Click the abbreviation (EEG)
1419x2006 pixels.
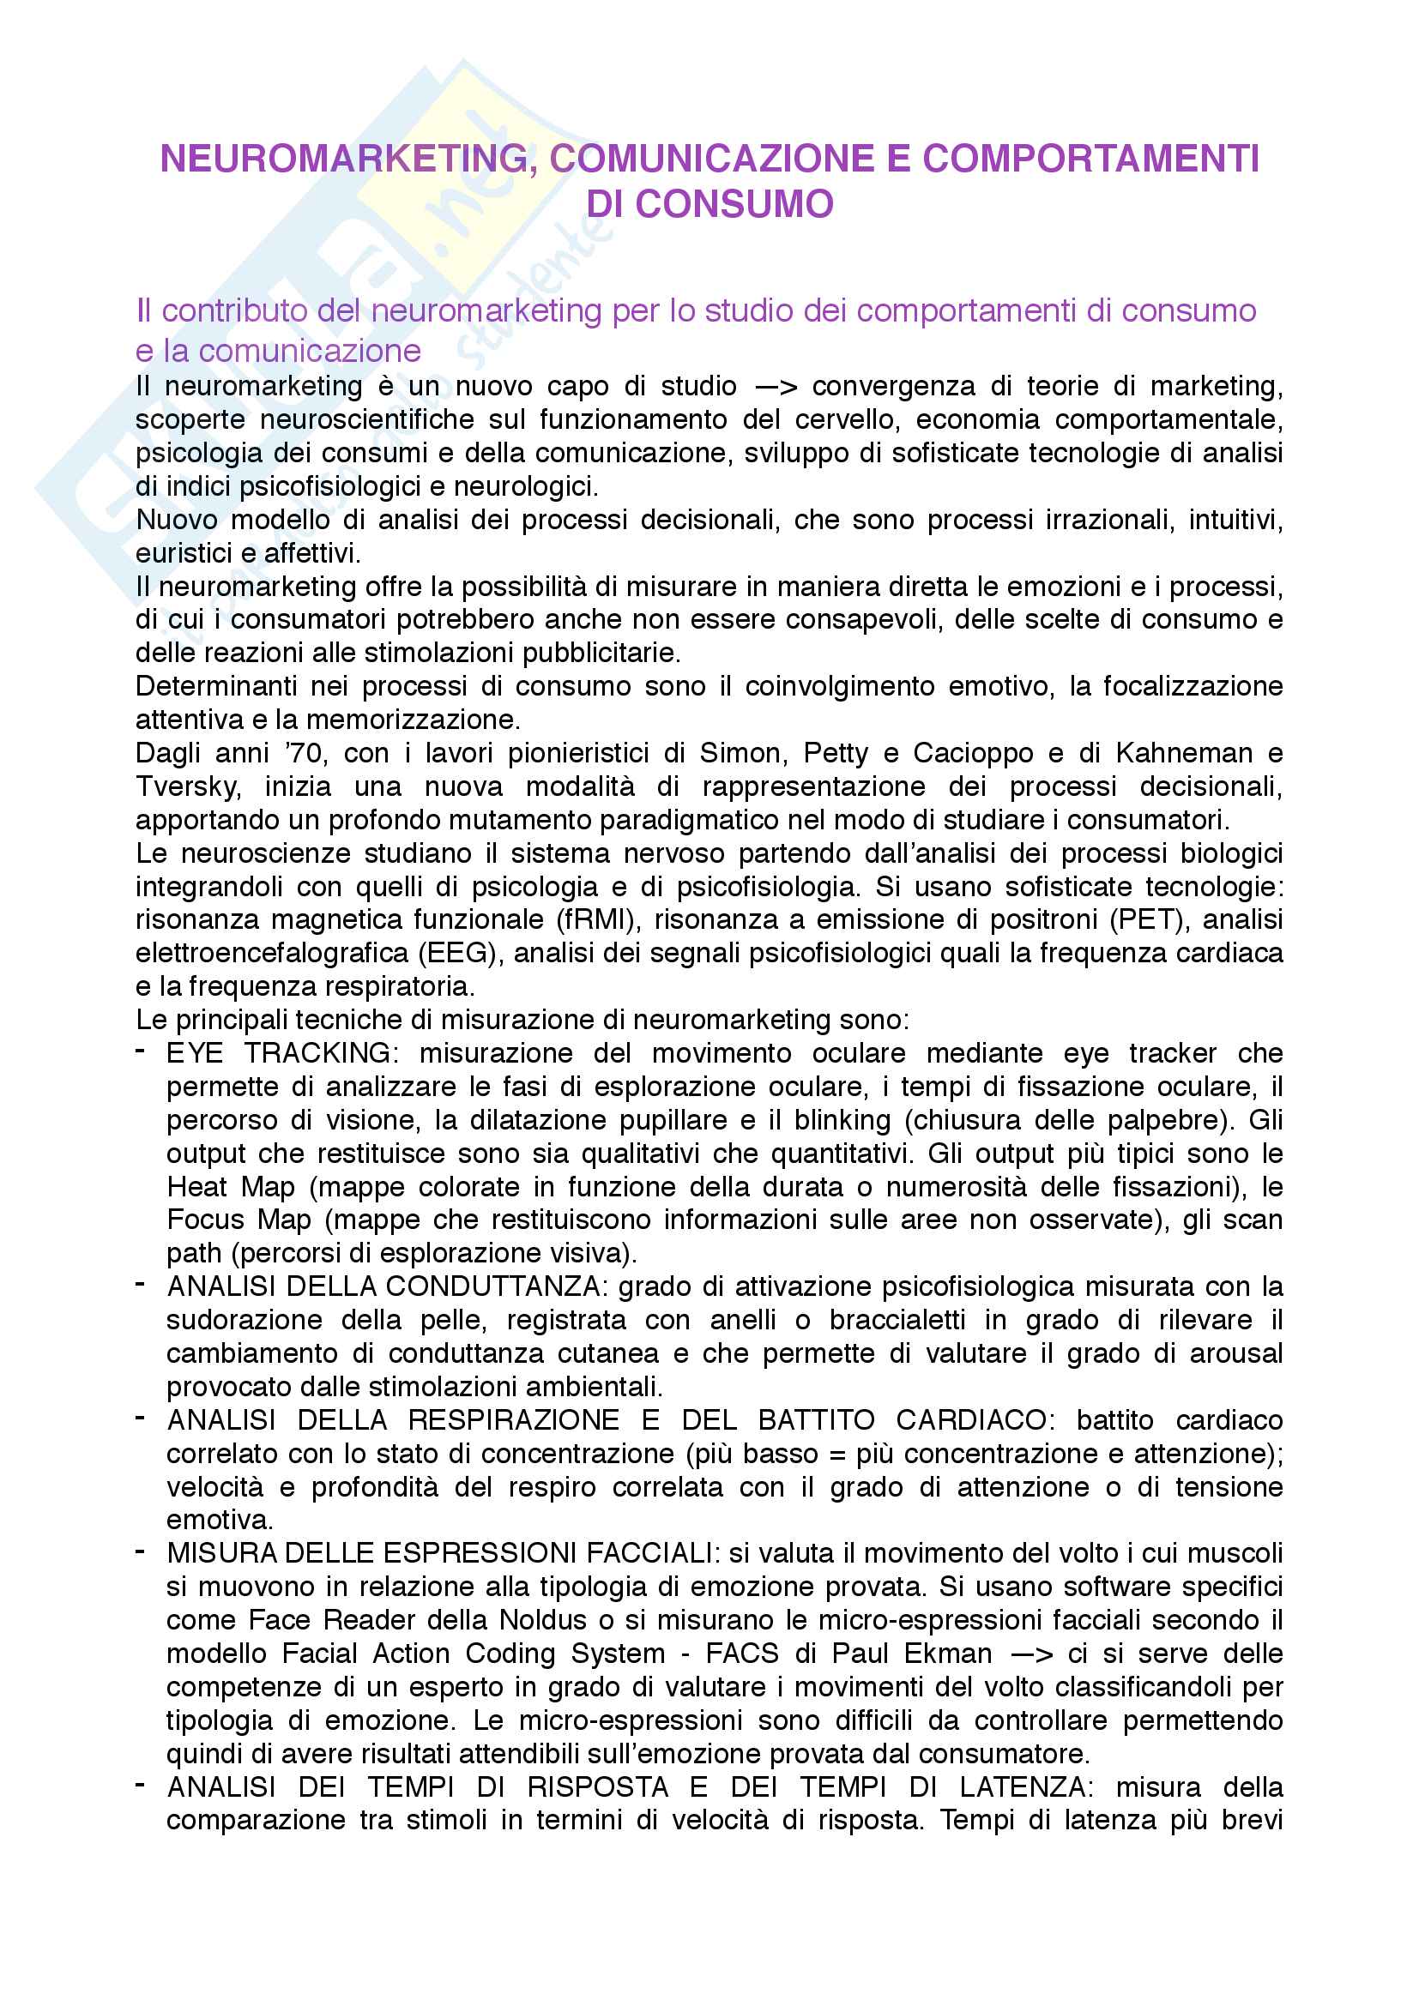pyautogui.click(x=461, y=952)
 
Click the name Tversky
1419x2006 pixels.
pyautogui.click(x=187, y=786)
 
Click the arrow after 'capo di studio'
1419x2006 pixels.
pyautogui.click(x=774, y=386)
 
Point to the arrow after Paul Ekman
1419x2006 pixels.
pyautogui.click(x=1031, y=1654)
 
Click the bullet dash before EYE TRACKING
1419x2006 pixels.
pyautogui.click(x=141, y=1051)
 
